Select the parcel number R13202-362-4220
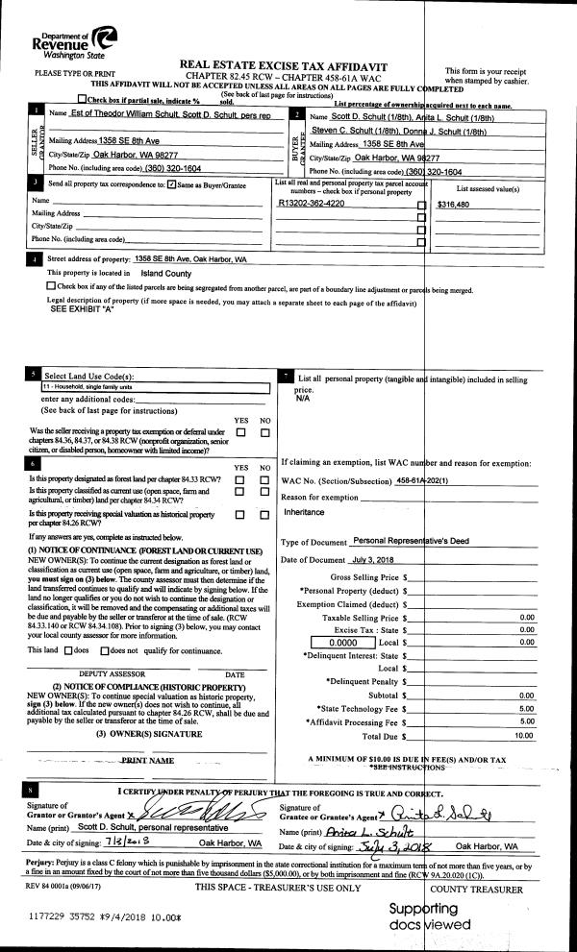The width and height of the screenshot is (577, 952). [x=311, y=205]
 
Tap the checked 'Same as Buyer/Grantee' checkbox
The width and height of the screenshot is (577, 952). [x=171, y=184]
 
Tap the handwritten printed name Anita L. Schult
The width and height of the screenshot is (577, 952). [x=359, y=832]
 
